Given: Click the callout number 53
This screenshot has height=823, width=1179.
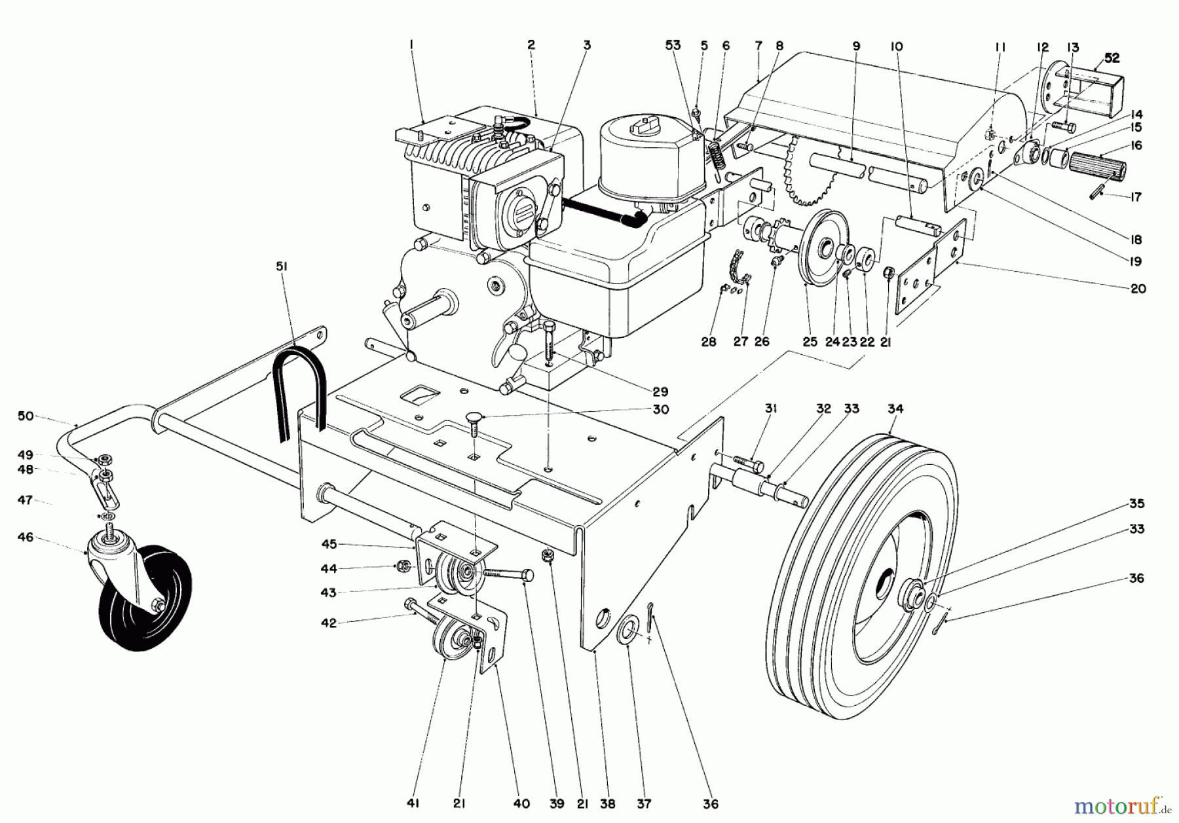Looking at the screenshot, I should [x=673, y=45].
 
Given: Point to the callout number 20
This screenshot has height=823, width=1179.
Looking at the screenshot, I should [x=1138, y=288].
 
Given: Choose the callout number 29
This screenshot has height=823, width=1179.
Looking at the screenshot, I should [x=660, y=392].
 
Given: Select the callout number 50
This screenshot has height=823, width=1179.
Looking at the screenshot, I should [x=26, y=416].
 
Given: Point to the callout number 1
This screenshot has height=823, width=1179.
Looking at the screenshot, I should [x=411, y=45].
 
